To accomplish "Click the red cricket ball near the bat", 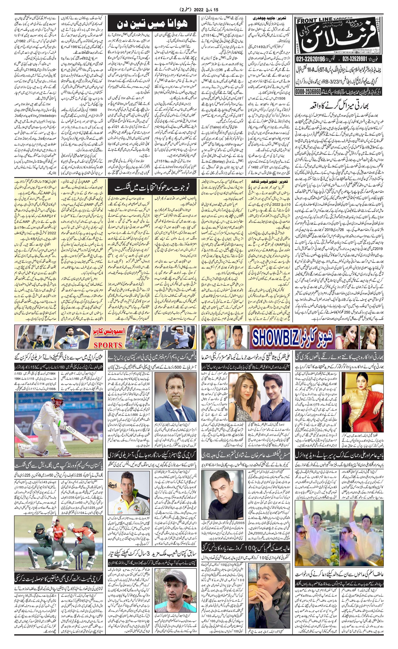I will tap(91, 440).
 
